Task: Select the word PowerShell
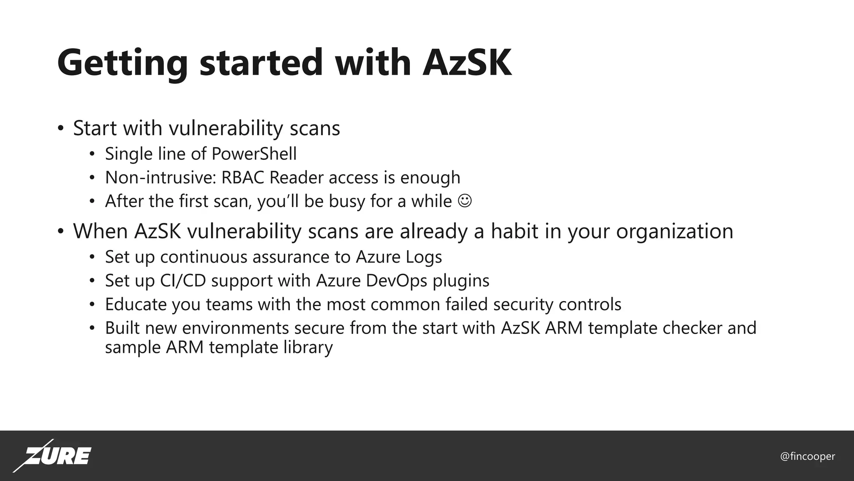tap(254, 154)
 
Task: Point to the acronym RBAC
tap(243, 177)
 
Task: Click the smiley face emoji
tap(465, 201)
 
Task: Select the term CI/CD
tap(183, 281)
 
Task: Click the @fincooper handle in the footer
tap(807, 456)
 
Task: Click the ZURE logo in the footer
tap(53, 456)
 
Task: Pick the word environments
tap(236, 328)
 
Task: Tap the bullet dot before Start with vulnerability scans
tap(61, 128)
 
